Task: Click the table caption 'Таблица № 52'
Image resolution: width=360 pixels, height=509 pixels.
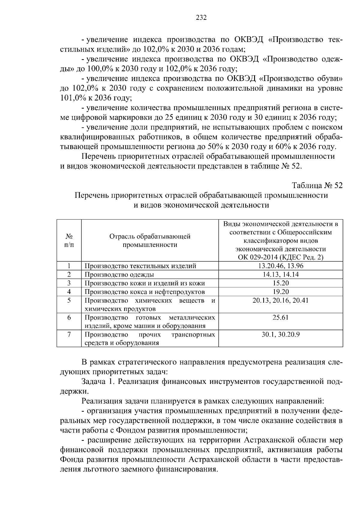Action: [x=317, y=186]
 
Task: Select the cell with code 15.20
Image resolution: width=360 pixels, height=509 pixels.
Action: [x=280, y=283]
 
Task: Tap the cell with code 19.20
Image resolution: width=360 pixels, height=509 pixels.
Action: [x=280, y=292]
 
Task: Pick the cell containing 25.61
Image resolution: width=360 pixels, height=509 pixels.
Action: [x=280, y=317]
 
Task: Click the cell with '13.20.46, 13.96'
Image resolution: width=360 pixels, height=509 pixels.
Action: [x=280, y=266]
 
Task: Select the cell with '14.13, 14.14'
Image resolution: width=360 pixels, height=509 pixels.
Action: [x=280, y=274]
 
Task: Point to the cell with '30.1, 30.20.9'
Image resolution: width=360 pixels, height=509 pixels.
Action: [x=280, y=334]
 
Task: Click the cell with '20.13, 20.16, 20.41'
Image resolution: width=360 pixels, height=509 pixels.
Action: [x=280, y=300]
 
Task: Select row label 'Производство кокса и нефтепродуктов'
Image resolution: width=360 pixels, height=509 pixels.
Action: [x=145, y=292]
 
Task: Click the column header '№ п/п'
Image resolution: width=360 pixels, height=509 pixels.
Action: [x=69, y=241]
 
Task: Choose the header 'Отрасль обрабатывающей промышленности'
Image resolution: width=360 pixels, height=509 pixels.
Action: [x=150, y=241]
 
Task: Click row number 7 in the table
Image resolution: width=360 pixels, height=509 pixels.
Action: [x=69, y=334]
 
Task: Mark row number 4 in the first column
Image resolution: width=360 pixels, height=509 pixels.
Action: [x=69, y=292]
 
